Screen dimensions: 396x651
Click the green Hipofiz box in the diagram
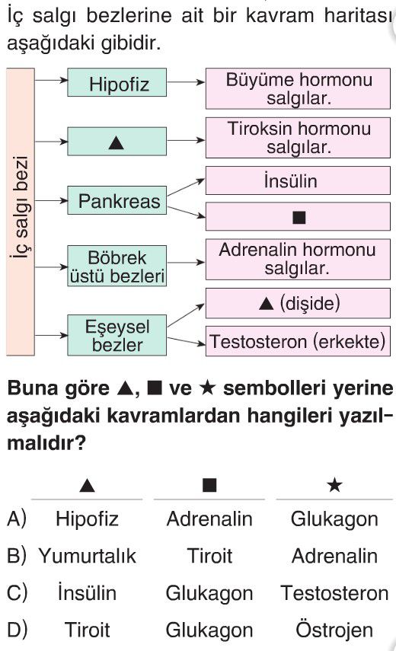[117, 83]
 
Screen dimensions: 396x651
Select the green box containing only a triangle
[117, 142]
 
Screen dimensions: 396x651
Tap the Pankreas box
[117, 200]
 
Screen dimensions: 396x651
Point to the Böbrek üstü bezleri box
[117, 266]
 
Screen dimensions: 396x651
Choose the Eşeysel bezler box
[117, 335]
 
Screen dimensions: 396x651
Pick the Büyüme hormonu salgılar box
[298, 88]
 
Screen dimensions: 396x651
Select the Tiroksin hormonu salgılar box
[298, 138]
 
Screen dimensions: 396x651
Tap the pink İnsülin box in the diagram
[298, 180]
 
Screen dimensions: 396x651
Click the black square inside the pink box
[299, 217]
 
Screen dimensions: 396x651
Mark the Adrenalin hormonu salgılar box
[298, 260]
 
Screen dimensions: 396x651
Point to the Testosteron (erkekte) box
[298, 341]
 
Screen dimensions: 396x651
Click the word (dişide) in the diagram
[310, 303]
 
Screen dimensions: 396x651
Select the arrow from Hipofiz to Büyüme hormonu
[186, 82]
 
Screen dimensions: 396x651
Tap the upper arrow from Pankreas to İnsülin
[186, 187]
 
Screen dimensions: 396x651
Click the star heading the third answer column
[334, 484]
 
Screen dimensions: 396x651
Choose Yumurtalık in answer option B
[87, 556]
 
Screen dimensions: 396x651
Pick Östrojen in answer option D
[334, 630]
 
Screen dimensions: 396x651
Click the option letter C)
[17, 593]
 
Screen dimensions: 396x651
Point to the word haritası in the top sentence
[359, 16]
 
